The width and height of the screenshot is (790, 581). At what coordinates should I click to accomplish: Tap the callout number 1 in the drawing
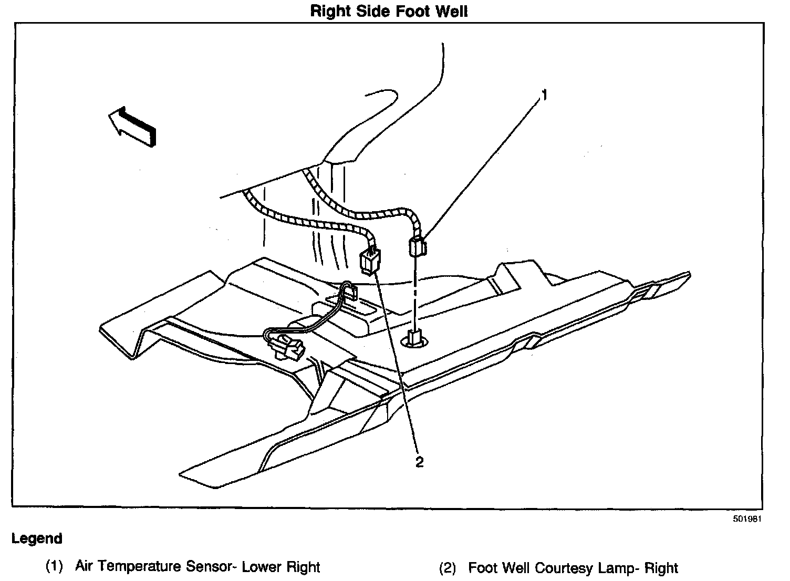[x=544, y=95]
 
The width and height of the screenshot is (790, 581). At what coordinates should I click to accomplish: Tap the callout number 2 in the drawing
[x=419, y=462]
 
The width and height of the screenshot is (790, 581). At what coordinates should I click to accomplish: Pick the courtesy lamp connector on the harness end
[x=371, y=261]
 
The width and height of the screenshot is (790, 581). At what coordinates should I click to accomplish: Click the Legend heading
[x=37, y=539]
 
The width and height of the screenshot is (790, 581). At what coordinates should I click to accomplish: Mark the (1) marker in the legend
[x=54, y=567]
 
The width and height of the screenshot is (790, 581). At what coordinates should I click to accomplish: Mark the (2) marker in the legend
[x=447, y=568]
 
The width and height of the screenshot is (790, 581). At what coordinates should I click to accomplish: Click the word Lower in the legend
[x=262, y=567]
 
